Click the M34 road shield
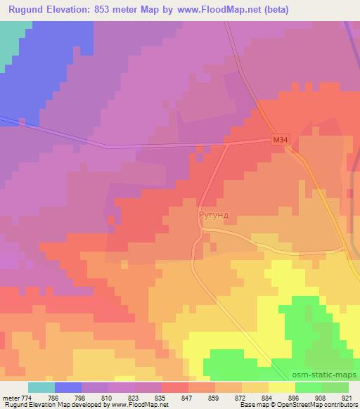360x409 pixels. (280, 141)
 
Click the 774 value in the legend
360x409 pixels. (26, 398)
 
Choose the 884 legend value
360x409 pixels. (268, 398)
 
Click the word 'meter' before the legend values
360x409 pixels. (10, 398)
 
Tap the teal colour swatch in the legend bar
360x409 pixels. (41, 387)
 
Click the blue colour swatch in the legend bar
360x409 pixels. (68, 387)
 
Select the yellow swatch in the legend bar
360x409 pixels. (281, 387)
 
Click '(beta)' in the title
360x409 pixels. (273, 8)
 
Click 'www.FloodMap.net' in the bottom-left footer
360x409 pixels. (140, 405)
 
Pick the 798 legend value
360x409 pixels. (69, 398)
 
